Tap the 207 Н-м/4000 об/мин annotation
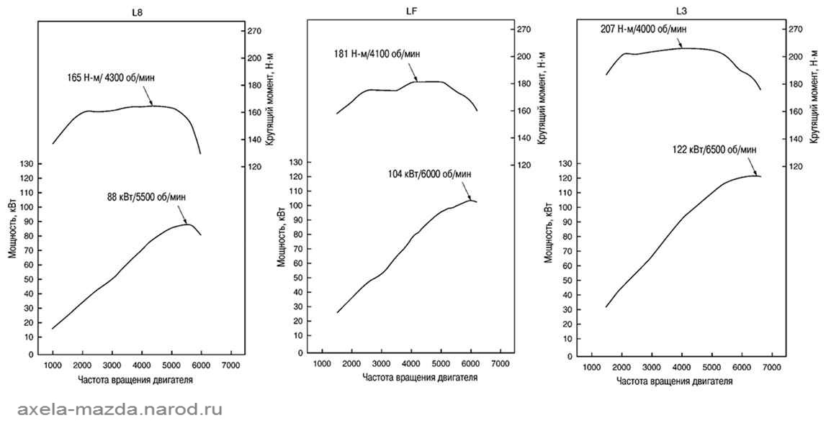pyautogui.click(x=643, y=28)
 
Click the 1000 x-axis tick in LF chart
pyautogui.click(x=322, y=363)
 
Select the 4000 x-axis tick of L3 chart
pyautogui.click(x=681, y=367)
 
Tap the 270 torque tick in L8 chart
pyautogui.click(x=254, y=31)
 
